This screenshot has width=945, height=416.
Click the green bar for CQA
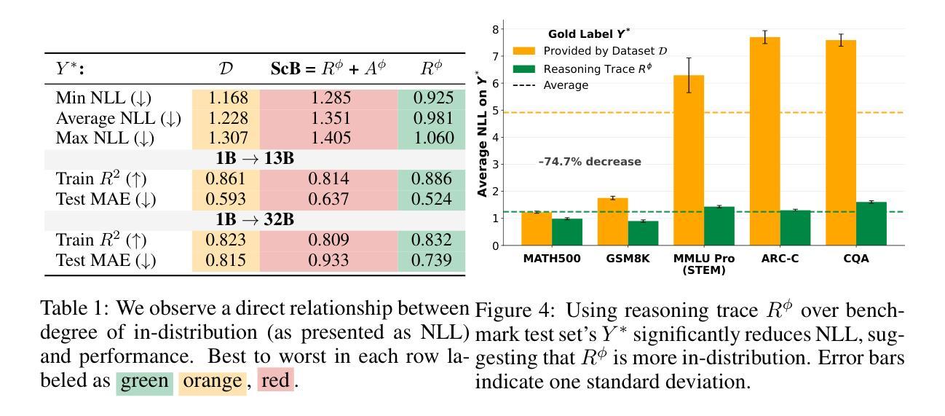(x=871, y=223)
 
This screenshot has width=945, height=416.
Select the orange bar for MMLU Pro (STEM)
(x=688, y=160)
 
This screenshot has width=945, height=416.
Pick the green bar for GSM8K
(x=643, y=232)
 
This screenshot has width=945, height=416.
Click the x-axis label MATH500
(x=552, y=259)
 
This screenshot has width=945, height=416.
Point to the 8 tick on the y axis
(x=495, y=29)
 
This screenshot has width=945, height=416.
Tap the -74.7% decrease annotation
(x=590, y=162)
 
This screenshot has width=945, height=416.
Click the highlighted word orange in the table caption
(x=210, y=381)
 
